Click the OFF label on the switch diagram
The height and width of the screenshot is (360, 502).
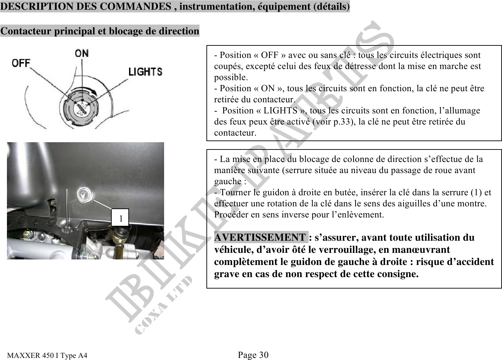(x=22, y=63)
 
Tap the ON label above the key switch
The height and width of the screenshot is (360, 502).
(x=82, y=53)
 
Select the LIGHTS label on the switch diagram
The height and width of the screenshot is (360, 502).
(x=145, y=72)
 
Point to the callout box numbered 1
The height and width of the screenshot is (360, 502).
(x=120, y=218)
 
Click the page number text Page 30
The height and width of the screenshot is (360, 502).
(x=253, y=355)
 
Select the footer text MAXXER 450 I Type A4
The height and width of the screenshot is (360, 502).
(x=48, y=355)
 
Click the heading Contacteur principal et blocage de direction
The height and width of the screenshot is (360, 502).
(x=100, y=31)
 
